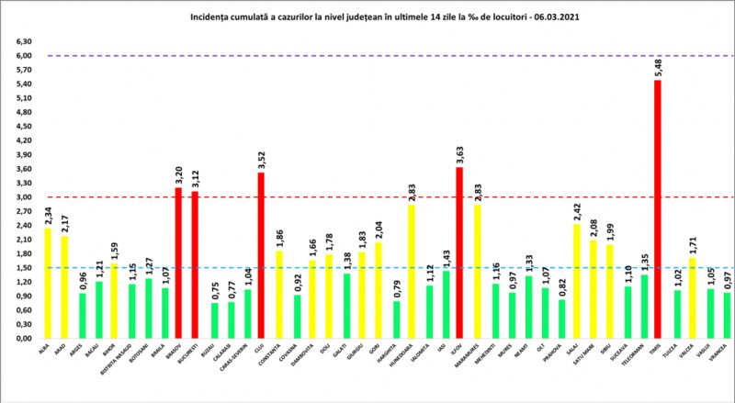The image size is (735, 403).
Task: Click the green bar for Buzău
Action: pyautogui.click(x=214, y=320)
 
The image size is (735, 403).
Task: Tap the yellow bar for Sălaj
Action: pyautogui.click(x=575, y=281)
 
